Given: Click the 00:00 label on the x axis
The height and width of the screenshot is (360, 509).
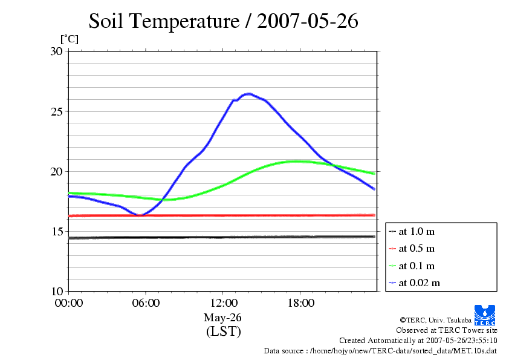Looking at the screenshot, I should point(69,303).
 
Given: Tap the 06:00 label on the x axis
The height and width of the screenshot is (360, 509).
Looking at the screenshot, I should point(146,303).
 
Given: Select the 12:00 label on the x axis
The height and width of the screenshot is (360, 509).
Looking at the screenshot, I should point(223,303).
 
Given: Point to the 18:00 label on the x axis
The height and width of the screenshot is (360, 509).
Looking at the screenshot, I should point(300,303).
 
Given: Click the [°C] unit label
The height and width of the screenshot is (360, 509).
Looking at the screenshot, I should point(69,39).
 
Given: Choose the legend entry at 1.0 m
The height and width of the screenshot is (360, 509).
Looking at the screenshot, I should point(417,232).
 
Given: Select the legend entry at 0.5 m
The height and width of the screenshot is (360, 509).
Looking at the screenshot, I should point(417,249).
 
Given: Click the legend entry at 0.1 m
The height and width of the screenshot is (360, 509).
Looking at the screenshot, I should point(417,266).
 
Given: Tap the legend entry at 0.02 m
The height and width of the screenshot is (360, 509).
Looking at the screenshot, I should point(419,283).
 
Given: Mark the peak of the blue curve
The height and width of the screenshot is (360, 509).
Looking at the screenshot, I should point(248,94).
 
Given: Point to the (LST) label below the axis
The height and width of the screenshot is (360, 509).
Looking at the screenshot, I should point(223,332).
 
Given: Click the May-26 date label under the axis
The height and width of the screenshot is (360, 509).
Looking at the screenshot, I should point(223,318).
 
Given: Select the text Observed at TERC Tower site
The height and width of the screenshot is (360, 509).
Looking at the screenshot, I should point(446,330).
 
